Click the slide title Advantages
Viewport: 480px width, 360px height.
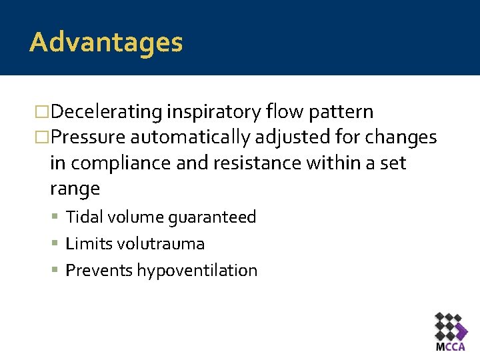click(106, 43)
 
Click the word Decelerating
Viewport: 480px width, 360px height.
click(107, 112)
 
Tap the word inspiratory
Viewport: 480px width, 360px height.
click(213, 112)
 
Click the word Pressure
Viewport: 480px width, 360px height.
click(88, 138)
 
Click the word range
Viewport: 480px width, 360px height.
click(75, 189)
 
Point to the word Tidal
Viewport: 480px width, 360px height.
click(83, 217)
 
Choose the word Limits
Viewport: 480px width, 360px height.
click(89, 244)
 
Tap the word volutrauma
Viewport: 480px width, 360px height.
click(161, 244)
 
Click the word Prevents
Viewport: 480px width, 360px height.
click(99, 271)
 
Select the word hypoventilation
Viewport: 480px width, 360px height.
click(197, 271)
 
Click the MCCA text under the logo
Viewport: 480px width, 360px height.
click(451, 347)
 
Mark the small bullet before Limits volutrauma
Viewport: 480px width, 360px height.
click(58, 244)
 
